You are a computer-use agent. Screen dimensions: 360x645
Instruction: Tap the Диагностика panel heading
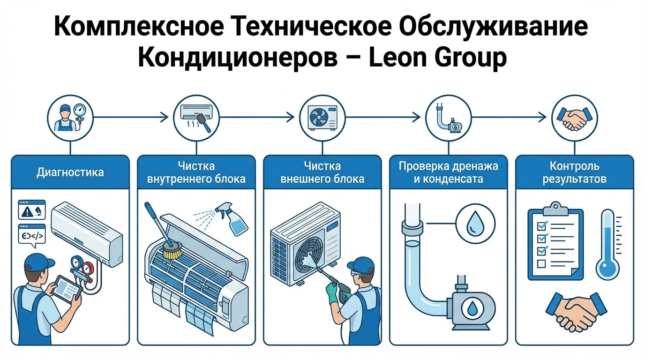pyautogui.click(x=70, y=172)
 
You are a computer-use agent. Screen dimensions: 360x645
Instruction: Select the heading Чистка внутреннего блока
pyautogui.click(x=196, y=172)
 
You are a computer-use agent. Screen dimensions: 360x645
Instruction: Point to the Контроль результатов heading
pyautogui.click(x=574, y=172)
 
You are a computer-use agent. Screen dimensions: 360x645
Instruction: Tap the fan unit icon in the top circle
pyautogui.click(x=322, y=117)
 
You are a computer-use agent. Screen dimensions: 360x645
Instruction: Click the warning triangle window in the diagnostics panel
pyautogui.click(x=31, y=210)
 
